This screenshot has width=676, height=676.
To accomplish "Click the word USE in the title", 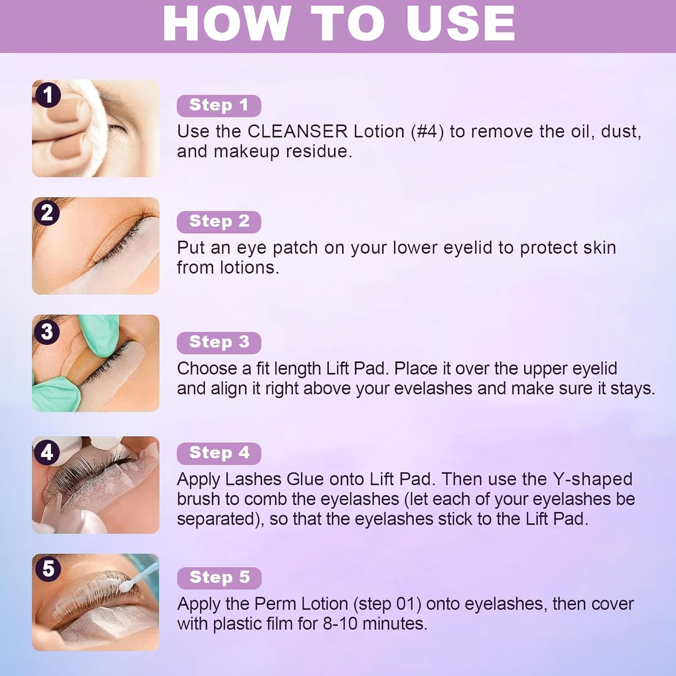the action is [x=461, y=23].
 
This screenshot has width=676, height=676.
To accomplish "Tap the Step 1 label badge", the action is [x=219, y=105].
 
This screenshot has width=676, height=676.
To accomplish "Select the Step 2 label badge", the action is [x=219, y=222].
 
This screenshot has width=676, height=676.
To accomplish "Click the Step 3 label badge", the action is [x=219, y=343].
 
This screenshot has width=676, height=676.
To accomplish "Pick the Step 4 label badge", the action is [x=219, y=453].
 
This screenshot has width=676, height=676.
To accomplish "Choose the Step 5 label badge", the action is [x=219, y=578].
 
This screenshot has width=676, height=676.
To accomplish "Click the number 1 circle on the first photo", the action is [x=47, y=95].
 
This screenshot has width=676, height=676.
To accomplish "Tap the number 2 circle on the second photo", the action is [x=47, y=212].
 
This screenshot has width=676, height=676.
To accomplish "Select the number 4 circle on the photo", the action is [x=47, y=452].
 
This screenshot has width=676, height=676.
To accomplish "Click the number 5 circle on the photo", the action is [x=48, y=569].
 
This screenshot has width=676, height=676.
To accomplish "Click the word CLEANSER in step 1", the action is [x=297, y=132].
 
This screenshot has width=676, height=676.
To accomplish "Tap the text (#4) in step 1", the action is [x=427, y=132].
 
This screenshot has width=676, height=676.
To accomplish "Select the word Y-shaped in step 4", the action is [x=592, y=480].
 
